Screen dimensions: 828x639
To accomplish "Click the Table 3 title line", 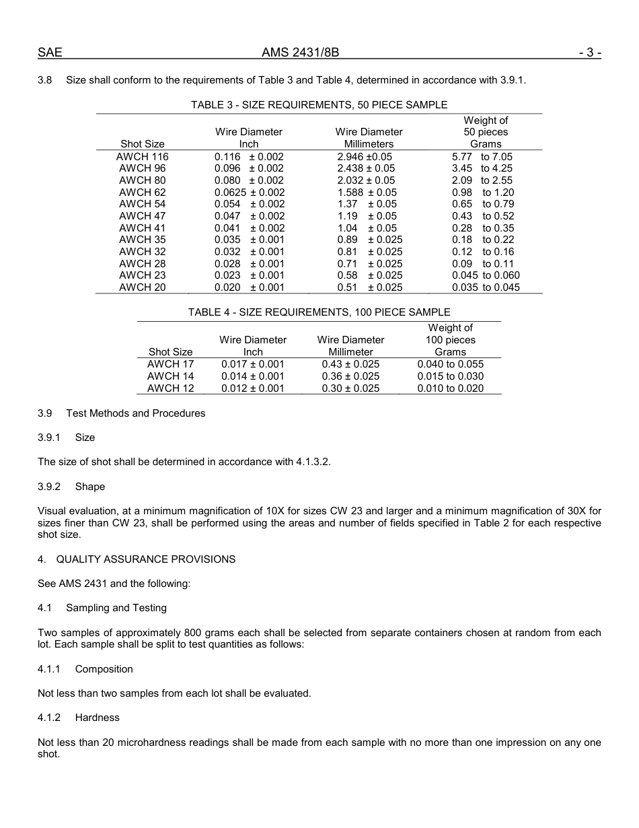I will pyautogui.click(x=319, y=104).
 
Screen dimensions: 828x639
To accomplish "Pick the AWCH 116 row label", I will pyautogui.click(x=142, y=156).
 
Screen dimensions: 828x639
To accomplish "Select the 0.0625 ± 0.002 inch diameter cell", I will pyautogui.click(x=249, y=192).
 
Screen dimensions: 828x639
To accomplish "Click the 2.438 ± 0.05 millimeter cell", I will pyautogui.click(x=366, y=168).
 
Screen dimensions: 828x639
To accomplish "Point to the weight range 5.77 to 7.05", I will pyautogui.click(x=482, y=156).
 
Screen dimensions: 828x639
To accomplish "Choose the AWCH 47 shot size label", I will pyautogui.click(x=142, y=216).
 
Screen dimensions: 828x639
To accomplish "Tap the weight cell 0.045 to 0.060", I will pyautogui.click(x=486, y=275).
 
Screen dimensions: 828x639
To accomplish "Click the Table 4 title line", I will pyautogui.click(x=319, y=312).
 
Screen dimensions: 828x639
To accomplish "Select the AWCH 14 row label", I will pyautogui.click(x=170, y=376).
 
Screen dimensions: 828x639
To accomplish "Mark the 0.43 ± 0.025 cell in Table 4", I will pyautogui.click(x=350, y=364).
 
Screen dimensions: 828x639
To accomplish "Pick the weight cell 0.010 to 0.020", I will pyautogui.click(x=450, y=388).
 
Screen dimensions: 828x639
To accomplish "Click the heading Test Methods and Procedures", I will pyautogui.click(x=135, y=413).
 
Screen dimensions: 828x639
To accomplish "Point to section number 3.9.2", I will pyautogui.click(x=49, y=487).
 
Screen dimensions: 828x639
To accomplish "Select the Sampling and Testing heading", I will pyautogui.click(x=116, y=608).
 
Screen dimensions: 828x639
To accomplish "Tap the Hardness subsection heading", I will pyautogui.click(x=97, y=718).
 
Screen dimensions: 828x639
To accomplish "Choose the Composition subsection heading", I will pyautogui.click(x=104, y=669).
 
